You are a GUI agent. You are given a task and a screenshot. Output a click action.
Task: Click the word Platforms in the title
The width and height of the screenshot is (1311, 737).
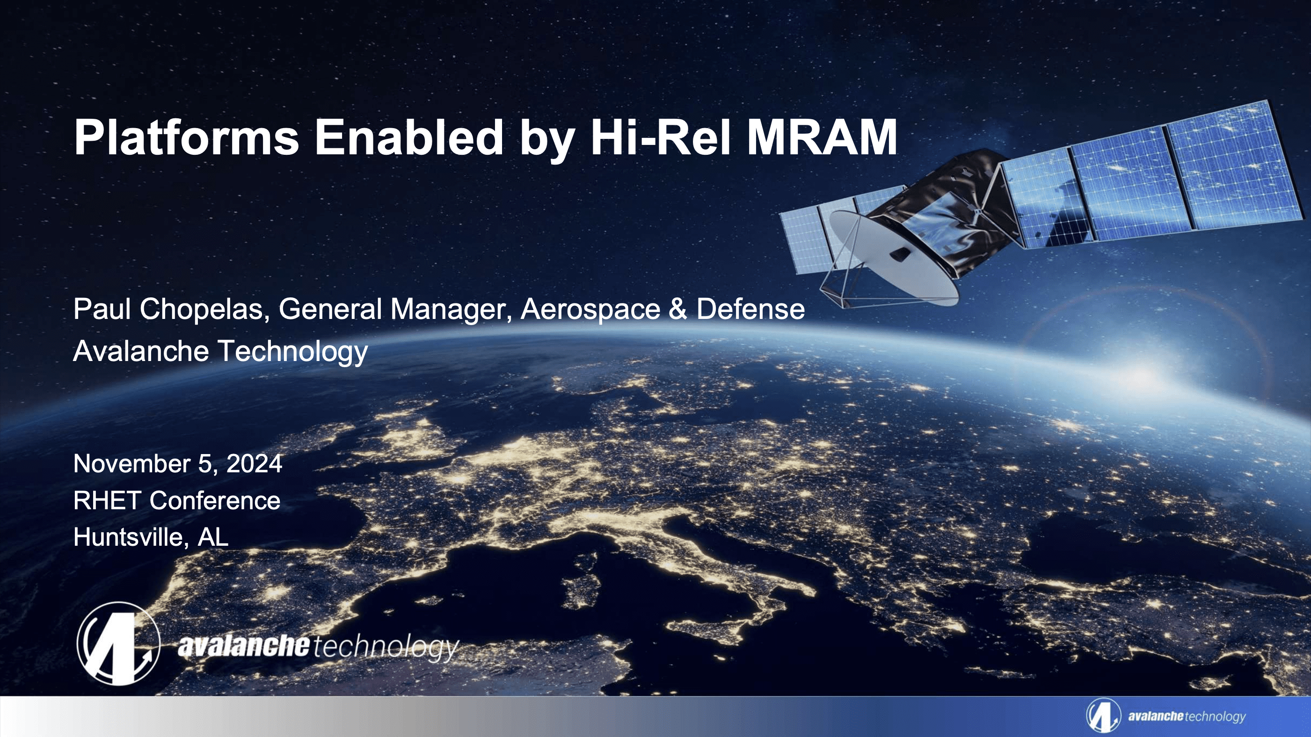pyautogui.click(x=186, y=137)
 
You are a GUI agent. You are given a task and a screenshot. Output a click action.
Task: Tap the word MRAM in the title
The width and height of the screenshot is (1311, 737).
pyautogui.click(x=821, y=137)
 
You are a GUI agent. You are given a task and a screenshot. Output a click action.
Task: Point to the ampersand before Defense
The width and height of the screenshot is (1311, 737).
pyautogui.click(x=677, y=309)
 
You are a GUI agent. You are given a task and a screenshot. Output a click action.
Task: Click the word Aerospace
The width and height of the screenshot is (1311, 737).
pyautogui.click(x=590, y=309)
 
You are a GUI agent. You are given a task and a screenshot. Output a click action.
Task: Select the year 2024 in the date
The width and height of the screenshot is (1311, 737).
pyautogui.click(x=254, y=464)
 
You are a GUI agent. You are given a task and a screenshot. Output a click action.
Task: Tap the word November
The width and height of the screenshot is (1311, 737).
pyautogui.click(x=132, y=464)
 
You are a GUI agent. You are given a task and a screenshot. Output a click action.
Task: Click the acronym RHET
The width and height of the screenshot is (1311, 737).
pyautogui.click(x=107, y=500)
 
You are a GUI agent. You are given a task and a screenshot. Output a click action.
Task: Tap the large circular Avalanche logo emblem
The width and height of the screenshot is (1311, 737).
pyautogui.click(x=118, y=643)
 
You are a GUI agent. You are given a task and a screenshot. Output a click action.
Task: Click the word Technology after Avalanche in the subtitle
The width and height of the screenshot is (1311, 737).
pyautogui.click(x=292, y=352)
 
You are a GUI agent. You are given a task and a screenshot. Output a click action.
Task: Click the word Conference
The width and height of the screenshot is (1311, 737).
pyautogui.click(x=215, y=500)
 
